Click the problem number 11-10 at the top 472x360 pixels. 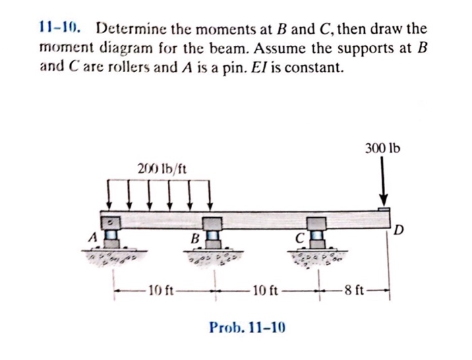click(61, 29)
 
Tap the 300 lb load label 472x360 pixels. click(382, 146)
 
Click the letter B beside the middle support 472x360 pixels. click(194, 237)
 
